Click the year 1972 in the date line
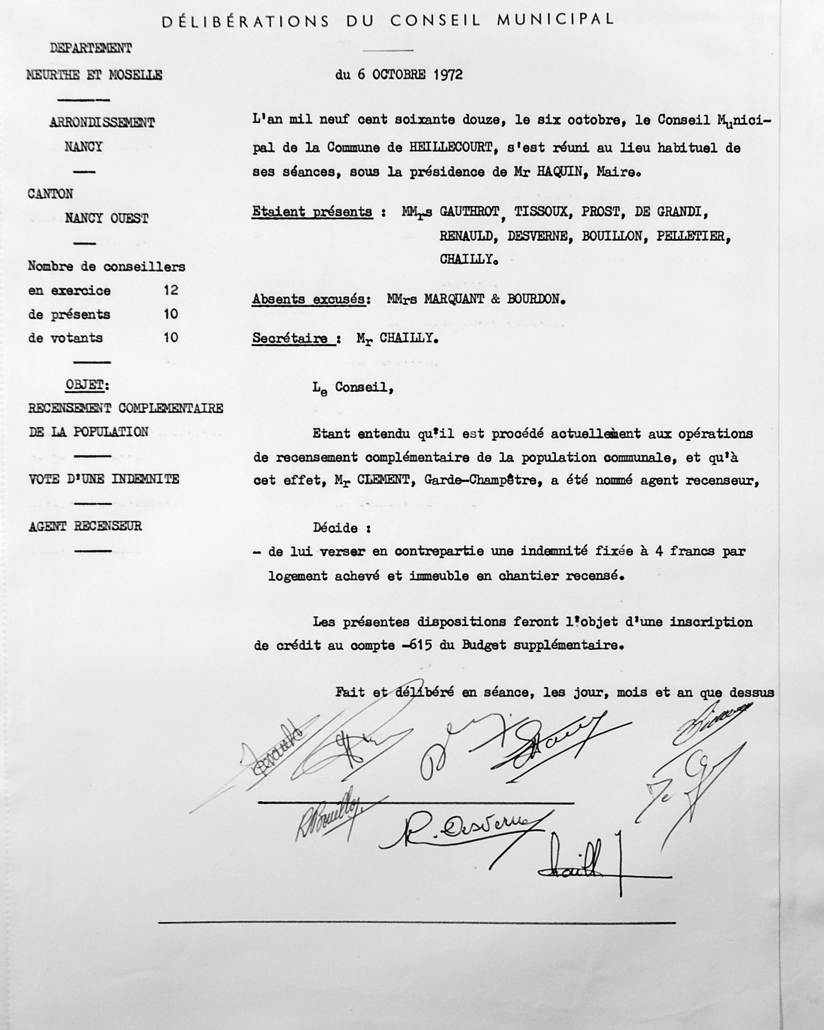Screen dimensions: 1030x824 click(x=448, y=74)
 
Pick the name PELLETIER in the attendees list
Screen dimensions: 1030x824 click(x=693, y=236)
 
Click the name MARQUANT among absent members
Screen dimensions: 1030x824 click(x=453, y=299)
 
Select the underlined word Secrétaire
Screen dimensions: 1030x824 click(x=291, y=338)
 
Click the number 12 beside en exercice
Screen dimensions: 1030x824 click(x=171, y=290)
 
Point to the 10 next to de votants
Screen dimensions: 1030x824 click(x=171, y=338)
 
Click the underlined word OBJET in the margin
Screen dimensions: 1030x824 click(x=85, y=385)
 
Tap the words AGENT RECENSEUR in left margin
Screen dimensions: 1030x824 click(x=85, y=526)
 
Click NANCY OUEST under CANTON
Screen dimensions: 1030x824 click(x=106, y=219)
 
